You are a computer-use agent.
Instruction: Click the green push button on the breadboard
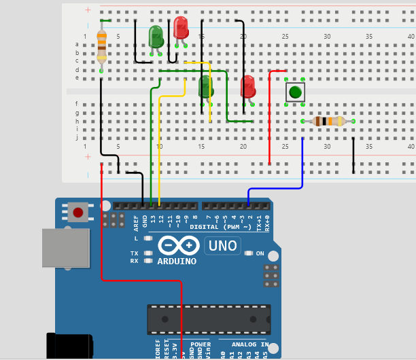[295, 92]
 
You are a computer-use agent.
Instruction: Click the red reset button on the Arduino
[78, 213]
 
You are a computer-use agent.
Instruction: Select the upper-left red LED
[181, 28]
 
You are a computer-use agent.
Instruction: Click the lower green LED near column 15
[205, 86]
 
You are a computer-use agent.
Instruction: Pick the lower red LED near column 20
[247, 86]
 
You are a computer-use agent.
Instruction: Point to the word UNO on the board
[222, 245]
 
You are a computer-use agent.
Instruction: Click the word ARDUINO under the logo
[177, 262]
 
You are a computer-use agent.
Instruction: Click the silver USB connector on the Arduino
[65, 247]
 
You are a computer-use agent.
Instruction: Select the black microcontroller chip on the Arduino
[209, 319]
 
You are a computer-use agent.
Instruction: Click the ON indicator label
[260, 253]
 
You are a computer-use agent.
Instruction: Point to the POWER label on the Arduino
[200, 344]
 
